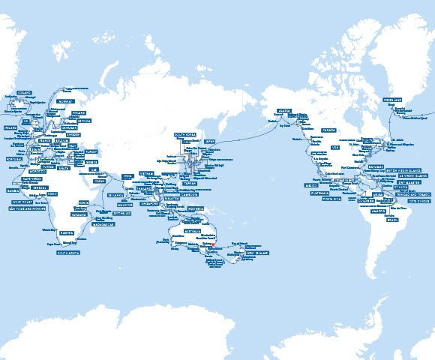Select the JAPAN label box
coord(210,140)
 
